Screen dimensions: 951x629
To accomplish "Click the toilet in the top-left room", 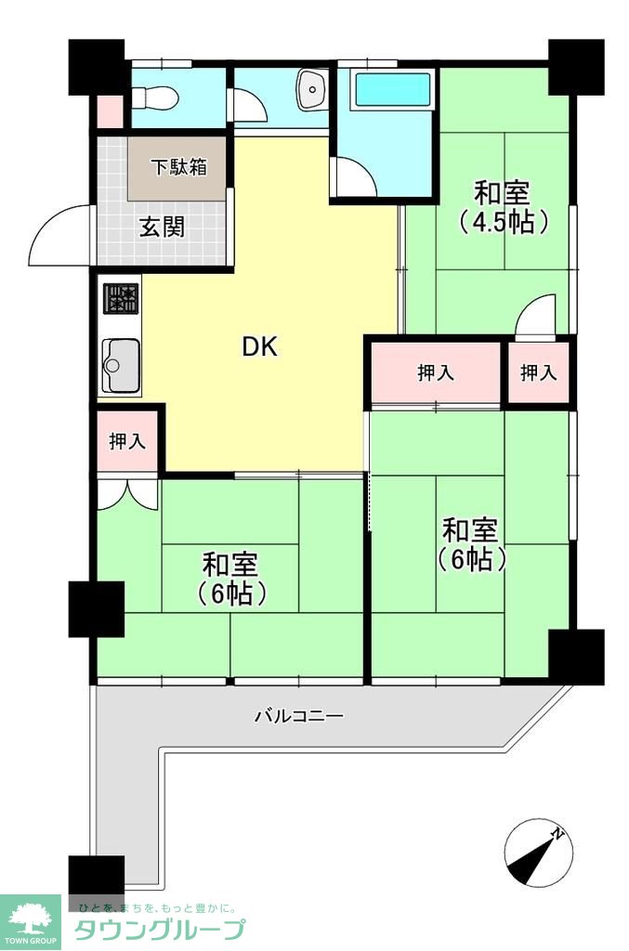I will pyautogui.click(x=155, y=97).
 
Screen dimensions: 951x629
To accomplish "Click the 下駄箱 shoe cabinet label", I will pyautogui.click(x=179, y=167).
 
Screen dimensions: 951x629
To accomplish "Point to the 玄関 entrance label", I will pyautogui.click(x=163, y=226).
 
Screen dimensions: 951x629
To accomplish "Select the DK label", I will pyautogui.click(x=260, y=347).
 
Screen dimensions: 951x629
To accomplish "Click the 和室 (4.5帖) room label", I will pyautogui.click(x=502, y=207).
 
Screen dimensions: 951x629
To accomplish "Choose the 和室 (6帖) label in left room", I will pyautogui.click(x=230, y=578).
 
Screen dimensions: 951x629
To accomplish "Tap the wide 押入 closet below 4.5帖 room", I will pyautogui.click(x=436, y=372).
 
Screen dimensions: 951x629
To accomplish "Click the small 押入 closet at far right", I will pyautogui.click(x=538, y=372).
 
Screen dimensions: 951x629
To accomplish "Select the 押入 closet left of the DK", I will pyautogui.click(x=127, y=441).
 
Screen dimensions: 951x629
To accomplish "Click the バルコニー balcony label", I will pyautogui.click(x=299, y=716).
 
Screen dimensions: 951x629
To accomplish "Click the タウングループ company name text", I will pyautogui.click(x=159, y=929).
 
